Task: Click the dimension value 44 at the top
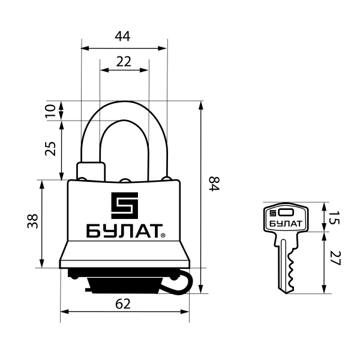(124, 37)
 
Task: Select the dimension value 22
(124, 61)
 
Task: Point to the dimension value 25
(51, 149)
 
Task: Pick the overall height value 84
(214, 184)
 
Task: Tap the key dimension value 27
(335, 260)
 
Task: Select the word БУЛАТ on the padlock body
(123, 232)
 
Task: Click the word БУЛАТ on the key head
(286, 224)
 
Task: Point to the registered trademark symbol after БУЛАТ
(163, 236)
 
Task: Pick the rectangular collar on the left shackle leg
(91, 170)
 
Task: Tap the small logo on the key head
(273, 212)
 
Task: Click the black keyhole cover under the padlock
(123, 284)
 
